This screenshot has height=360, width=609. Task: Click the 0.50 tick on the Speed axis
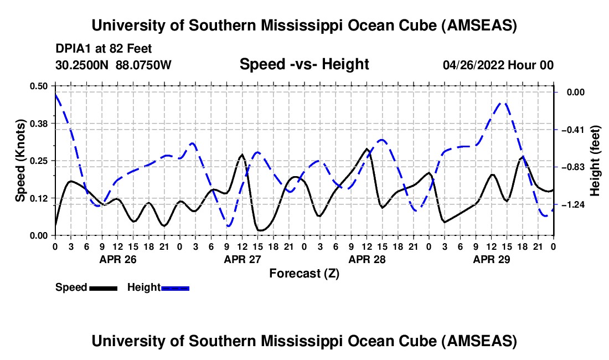[x=39, y=86]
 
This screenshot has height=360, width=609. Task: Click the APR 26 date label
[x=117, y=259]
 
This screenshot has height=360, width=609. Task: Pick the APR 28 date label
[x=367, y=259]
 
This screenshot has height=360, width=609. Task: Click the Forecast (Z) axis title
[x=304, y=273]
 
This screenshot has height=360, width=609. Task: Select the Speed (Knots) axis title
[x=20, y=161]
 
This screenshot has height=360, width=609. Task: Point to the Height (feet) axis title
[x=595, y=161]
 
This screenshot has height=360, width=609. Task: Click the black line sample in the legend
[x=102, y=288]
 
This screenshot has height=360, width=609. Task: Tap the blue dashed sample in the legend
[x=175, y=288]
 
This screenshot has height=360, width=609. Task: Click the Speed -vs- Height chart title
[x=304, y=64]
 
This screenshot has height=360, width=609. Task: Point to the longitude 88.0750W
[x=143, y=65]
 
